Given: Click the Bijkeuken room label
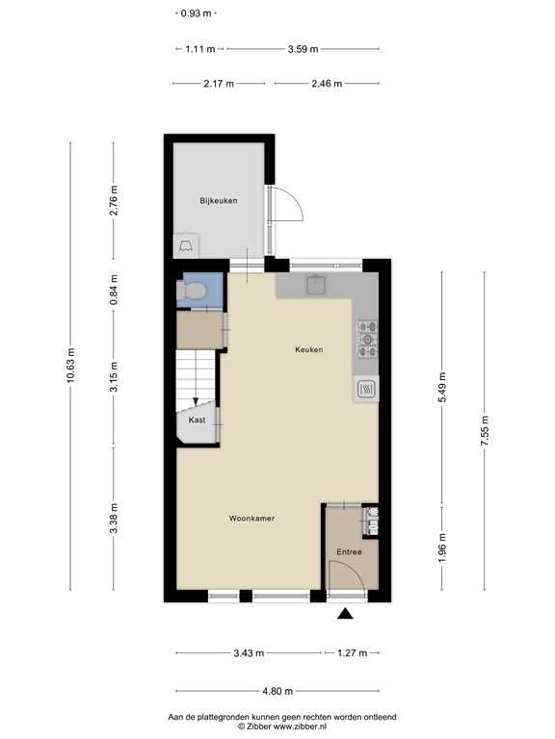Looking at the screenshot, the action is click(219, 201).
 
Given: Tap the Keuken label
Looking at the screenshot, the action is click(309, 349).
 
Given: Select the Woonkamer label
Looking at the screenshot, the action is click(251, 519).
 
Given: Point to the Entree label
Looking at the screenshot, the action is click(349, 552).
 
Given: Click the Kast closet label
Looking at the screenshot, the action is click(197, 420).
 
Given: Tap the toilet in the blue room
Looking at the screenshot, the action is click(191, 291).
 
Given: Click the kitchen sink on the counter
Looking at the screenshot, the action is click(316, 285).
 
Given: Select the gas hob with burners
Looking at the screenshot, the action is click(367, 339).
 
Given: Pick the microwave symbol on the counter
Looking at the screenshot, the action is click(366, 389).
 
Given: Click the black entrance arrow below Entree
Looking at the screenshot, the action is click(346, 613).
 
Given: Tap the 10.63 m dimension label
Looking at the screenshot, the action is click(70, 365).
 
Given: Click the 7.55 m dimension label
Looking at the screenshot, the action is click(485, 431).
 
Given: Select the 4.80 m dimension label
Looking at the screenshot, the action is click(277, 692).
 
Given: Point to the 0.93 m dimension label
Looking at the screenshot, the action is click(197, 13).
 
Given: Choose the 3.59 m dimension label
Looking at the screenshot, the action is click(303, 48).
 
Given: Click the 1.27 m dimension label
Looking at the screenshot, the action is click(352, 653).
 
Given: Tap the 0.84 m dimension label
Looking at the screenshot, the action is click(114, 290).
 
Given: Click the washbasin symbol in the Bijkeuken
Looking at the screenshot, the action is click(185, 245).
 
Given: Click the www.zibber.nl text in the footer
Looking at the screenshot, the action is click(300, 726).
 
